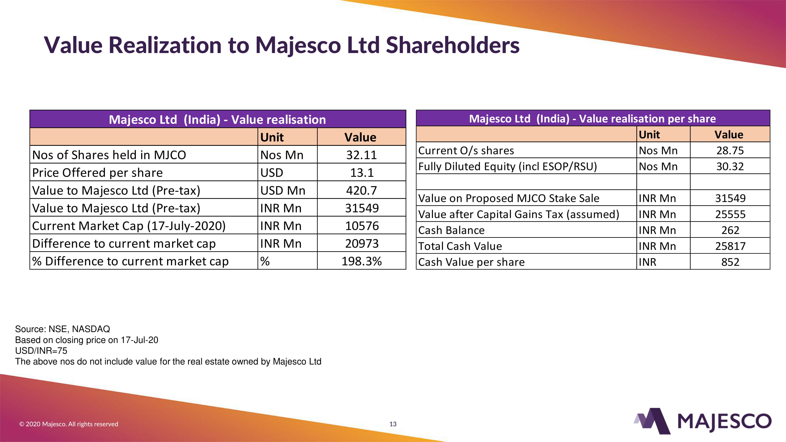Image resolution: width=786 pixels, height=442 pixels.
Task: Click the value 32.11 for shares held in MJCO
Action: pyautogui.click(x=361, y=155)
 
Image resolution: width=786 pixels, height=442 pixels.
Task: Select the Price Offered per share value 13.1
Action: pyautogui.click(x=362, y=173)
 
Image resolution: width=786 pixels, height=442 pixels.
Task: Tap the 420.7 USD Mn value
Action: pyautogui.click(x=361, y=190)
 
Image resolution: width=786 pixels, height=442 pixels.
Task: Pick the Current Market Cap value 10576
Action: pyautogui.click(x=362, y=226)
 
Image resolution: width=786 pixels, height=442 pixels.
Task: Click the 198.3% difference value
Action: pyautogui.click(x=361, y=261)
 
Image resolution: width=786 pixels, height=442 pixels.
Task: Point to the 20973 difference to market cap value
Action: pyautogui.click(x=362, y=243)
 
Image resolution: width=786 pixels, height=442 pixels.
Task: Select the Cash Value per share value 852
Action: pyautogui.click(x=730, y=262)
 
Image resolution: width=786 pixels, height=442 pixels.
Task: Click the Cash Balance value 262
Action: pyautogui.click(x=730, y=230)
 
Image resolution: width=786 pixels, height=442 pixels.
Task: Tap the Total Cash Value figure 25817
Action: pyautogui.click(x=730, y=246)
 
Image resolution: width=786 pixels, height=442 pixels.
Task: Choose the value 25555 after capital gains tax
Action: pyautogui.click(x=730, y=215)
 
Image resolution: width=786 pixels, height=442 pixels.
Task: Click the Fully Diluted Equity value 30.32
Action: pyautogui.click(x=730, y=166)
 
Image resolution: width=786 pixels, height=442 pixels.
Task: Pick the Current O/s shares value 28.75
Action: pyautogui.click(x=730, y=151)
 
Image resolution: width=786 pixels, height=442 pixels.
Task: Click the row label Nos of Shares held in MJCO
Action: pyautogui.click(x=109, y=155)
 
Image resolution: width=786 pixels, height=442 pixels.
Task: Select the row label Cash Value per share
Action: pyautogui.click(x=471, y=262)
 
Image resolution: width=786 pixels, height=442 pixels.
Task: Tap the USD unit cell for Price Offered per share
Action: pyautogui.click(x=271, y=173)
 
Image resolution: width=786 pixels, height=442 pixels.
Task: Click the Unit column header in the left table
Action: pyautogui.click(x=272, y=137)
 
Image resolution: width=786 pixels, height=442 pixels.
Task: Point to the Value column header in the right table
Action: pyautogui.click(x=729, y=135)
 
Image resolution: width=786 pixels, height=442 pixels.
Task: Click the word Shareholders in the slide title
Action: pyautogui.click(x=452, y=45)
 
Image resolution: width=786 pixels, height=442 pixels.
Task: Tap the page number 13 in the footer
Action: pyautogui.click(x=393, y=424)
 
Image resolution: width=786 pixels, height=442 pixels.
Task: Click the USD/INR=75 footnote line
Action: pyautogui.click(x=41, y=351)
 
